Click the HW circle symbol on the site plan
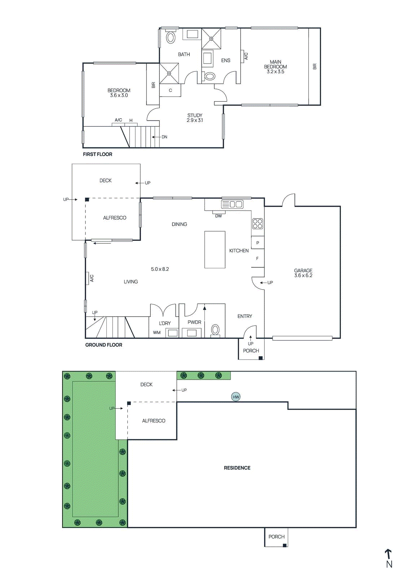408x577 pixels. [236, 397]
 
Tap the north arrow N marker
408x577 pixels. [389, 559]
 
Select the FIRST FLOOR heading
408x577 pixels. [97, 154]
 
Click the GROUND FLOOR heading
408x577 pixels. [104, 345]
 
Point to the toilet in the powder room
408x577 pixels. [215, 330]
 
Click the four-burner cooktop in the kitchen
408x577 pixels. [258, 224]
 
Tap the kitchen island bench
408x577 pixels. [215, 250]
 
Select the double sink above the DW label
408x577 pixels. [232, 204]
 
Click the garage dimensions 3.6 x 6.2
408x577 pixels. [303, 276]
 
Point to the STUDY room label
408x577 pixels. [195, 115]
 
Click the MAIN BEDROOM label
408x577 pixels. [275, 64]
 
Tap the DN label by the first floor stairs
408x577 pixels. [164, 137]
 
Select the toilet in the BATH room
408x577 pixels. [171, 38]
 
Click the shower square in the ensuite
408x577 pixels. [211, 38]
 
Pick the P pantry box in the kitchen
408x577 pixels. [258, 243]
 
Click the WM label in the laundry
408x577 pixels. [157, 332]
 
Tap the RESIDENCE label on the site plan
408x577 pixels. [237, 468]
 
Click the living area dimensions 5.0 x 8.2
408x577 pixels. [160, 269]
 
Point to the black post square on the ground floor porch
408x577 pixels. [260, 358]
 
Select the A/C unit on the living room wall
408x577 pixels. [88, 278]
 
